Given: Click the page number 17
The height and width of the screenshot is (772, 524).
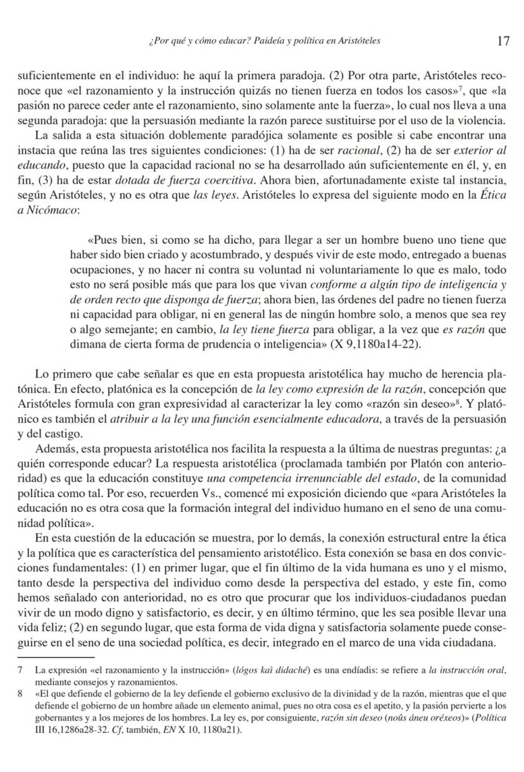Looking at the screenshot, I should (503, 41).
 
